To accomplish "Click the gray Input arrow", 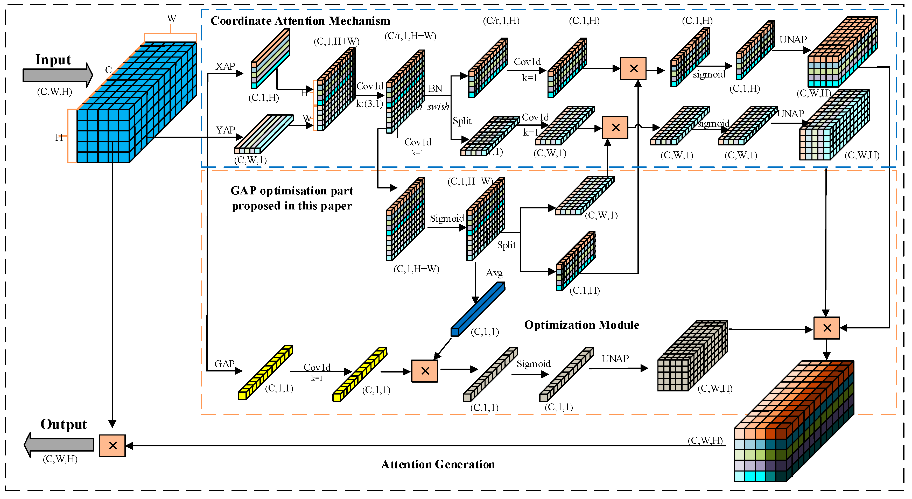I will [x=57, y=75].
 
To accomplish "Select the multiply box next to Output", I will [x=112, y=446].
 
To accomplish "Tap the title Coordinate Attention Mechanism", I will [x=300, y=21].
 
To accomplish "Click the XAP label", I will [x=225, y=67].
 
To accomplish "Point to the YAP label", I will [x=226, y=130].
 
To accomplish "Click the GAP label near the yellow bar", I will [x=225, y=364].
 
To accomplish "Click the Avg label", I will [x=494, y=273].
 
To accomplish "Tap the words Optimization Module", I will [x=582, y=325].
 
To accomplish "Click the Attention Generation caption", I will [x=438, y=464].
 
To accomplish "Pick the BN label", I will [x=435, y=88].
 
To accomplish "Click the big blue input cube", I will [x=136, y=103].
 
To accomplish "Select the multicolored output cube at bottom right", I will [x=794, y=421].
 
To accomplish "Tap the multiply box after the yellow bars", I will [x=424, y=371].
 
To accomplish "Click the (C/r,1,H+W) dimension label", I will [x=410, y=36].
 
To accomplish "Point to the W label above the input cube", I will [x=172, y=18].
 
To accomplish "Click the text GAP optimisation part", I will [x=292, y=191].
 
